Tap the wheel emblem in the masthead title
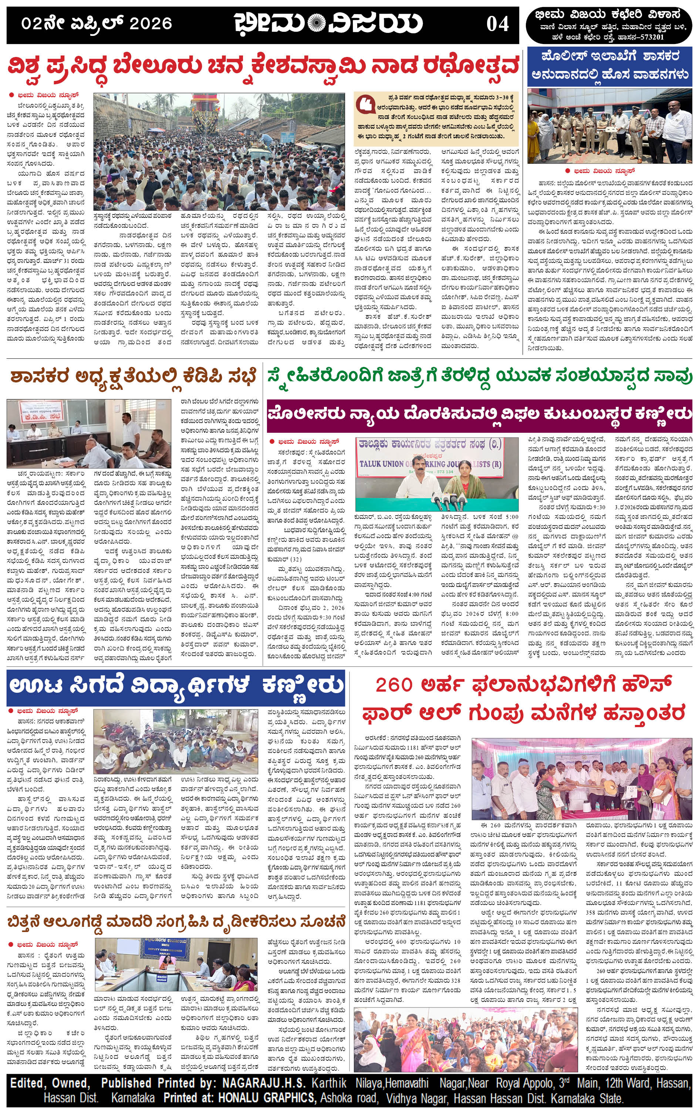point(316,23)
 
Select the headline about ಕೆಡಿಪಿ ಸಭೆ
point(133,377)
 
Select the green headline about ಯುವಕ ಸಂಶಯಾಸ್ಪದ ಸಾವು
point(479,376)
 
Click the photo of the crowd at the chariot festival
point(219,152)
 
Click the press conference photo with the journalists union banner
point(437,474)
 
